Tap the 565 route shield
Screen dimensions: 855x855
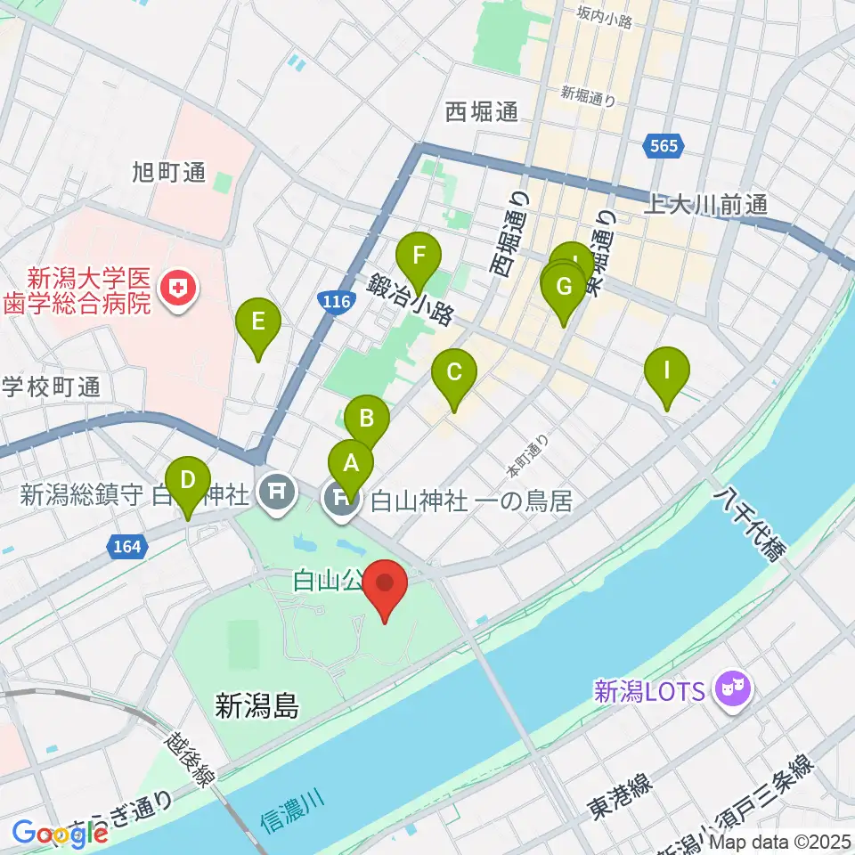pyautogui.click(x=664, y=146)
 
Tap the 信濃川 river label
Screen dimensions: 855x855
pyautogui.click(x=290, y=805)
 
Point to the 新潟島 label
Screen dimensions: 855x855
pyautogui.click(x=257, y=708)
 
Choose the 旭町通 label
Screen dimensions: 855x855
pyautogui.click(x=169, y=172)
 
